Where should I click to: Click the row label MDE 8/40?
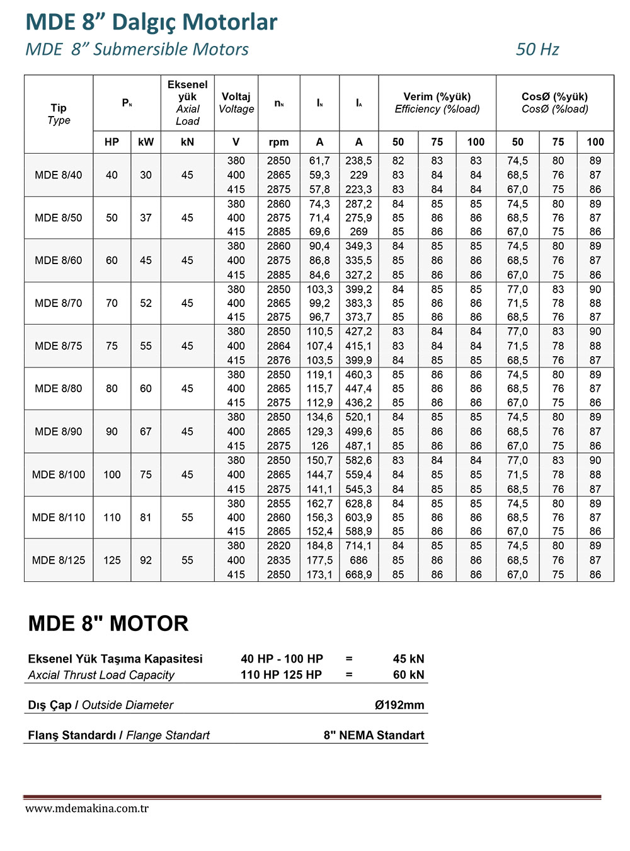(x=59, y=175)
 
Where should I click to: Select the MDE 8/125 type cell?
(x=59, y=560)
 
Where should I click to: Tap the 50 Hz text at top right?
(x=537, y=50)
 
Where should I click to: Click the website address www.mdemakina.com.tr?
(x=87, y=809)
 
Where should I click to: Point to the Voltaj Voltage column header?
(x=236, y=103)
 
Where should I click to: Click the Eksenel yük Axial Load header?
(x=187, y=103)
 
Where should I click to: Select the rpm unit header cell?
(x=278, y=142)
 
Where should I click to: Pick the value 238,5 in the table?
(x=358, y=161)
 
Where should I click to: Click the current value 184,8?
(x=319, y=546)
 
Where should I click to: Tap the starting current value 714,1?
(x=358, y=546)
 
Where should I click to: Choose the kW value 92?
(x=146, y=560)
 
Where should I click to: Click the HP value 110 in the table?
(x=112, y=518)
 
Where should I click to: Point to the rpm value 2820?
(x=278, y=546)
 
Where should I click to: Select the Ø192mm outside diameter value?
(x=399, y=705)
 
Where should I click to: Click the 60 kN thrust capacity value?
(x=408, y=675)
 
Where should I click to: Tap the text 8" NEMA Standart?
(x=374, y=736)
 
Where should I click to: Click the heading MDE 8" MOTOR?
(x=108, y=624)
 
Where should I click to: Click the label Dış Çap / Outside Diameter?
(x=101, y=705)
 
